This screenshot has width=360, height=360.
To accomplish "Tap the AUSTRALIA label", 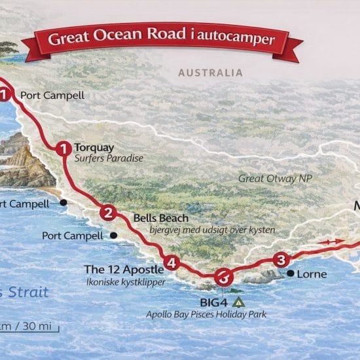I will pos(211,73).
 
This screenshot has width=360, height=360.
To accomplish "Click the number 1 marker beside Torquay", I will pos(63,149).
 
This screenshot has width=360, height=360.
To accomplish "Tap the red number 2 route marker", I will pos(108,212).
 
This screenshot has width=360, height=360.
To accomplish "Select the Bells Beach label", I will pos(160,218).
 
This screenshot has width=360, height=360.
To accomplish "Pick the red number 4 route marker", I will pos(171,263).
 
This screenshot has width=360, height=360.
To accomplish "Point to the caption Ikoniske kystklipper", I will pos(124,281).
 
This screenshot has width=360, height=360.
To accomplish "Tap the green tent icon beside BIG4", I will pos(238,302).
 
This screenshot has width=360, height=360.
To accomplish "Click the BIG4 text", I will pos(215,303).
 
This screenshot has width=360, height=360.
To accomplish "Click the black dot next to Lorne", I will pos(289,273).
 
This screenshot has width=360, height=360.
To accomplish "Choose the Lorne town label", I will pos(311,274).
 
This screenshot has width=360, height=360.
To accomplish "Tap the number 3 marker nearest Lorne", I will pos(281,260).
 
